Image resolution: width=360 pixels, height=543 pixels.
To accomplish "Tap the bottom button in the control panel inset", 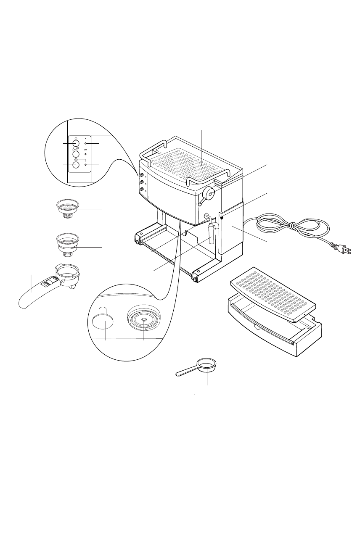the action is coord(76,165).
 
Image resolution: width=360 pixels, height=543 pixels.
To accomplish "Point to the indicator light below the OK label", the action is coord(85,154).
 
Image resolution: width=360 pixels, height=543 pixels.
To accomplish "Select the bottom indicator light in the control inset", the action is coord(85,165).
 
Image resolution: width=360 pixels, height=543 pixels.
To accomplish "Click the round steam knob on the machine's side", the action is coord(209,193).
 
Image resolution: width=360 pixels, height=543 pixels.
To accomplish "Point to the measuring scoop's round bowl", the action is coord(206,365).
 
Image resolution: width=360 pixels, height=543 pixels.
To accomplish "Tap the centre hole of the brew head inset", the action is coord(144,320).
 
